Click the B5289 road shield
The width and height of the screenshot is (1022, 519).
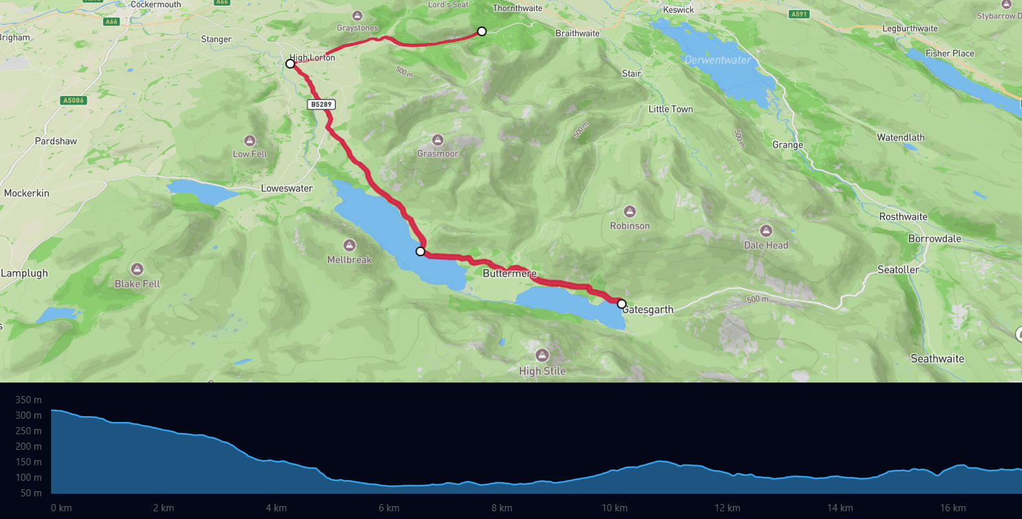[x=321, y=104]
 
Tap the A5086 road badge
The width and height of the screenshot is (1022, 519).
[x=73, y=100]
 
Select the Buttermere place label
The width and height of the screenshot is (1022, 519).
[x=509, y=273]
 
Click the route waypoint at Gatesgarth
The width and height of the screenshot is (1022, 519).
[x=622, y=304]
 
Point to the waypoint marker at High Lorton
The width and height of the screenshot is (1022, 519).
[x=290, y=63]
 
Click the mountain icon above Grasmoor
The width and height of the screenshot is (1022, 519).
[x=438, y=140]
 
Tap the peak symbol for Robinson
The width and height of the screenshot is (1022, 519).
[x=629, y=212]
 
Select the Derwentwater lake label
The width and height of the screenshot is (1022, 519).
[x=717, y=60]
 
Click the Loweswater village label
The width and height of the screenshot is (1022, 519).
[x=287, y=188]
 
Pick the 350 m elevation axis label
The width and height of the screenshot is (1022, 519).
[x=28, y=400]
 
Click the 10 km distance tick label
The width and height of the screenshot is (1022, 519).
[x=614, y=508]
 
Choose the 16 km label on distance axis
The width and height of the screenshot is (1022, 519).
[x=953, y=508]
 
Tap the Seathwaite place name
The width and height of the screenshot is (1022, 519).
[x=937, y=359]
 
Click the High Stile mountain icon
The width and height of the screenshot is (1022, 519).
[x=542, y=355]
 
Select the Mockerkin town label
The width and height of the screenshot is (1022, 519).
[x=27, y=193]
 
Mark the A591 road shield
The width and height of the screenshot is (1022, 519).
[x=799, y=14]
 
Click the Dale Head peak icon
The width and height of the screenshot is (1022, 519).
[x=766, y=231]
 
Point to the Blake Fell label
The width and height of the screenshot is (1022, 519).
[x=137, y=283]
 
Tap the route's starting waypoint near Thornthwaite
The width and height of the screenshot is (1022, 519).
[x=482, y=31]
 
